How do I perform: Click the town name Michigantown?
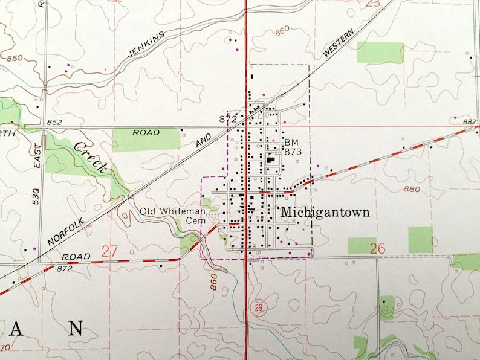click(325, 213)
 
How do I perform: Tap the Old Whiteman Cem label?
click(174, 216)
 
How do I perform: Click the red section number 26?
click(378, 248)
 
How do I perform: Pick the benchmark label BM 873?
click(292, 147)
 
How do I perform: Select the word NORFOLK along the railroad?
click(67, 224)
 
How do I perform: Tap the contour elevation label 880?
click(411, 189)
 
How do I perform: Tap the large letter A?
click(18, 329)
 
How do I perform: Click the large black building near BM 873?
click(270, 161)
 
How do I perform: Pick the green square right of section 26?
click(420, 239)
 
